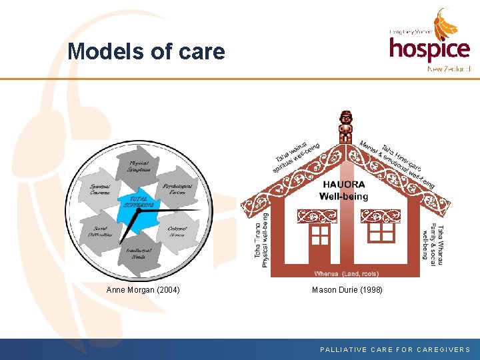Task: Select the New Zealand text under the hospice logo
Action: pos(449,68)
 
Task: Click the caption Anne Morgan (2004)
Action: pos(143,290)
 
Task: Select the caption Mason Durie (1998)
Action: pos(347,290)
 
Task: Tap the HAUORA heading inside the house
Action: pos(344,185)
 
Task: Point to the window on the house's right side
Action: pos(381,231)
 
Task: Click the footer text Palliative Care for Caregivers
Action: pos(395,349)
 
